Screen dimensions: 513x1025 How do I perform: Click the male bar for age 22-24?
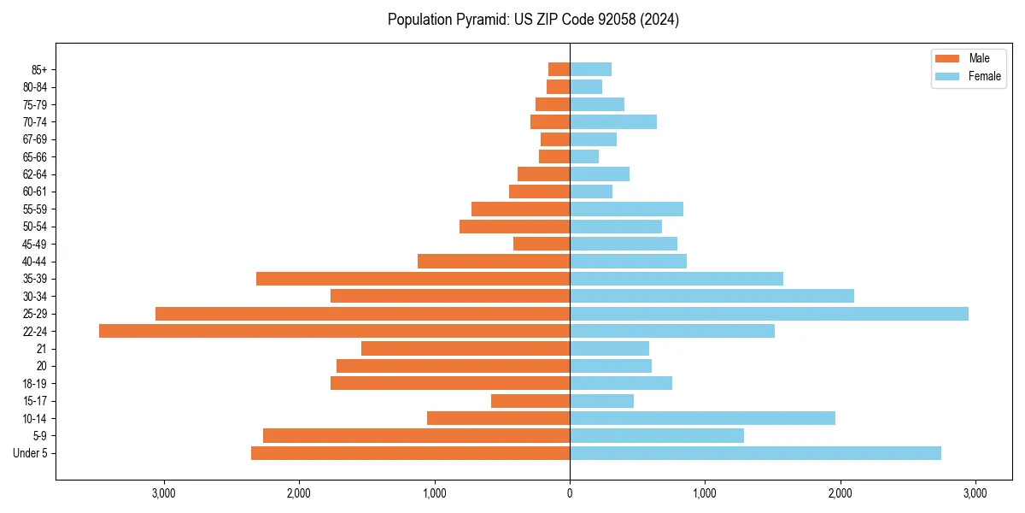[334, 331]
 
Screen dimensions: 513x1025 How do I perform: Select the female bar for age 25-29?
[769, 314]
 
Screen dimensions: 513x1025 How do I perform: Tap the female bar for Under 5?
[755, 453]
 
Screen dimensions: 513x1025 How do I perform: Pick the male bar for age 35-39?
[413, 279]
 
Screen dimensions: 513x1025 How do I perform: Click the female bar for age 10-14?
[702, 418]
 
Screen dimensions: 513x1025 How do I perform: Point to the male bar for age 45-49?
[542, 244]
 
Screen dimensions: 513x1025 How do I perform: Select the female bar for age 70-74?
[613, 122]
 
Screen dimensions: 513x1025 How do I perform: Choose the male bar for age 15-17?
[530, 401]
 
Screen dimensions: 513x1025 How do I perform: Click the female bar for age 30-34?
[712, 296]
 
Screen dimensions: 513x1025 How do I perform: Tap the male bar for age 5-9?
[416, 436]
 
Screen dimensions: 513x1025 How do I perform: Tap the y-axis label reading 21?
[41, 349]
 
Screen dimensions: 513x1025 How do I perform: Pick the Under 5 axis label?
[30, 453]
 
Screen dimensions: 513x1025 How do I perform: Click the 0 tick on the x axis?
[570, 493]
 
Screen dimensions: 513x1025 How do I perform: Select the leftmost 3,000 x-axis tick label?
[163, 493]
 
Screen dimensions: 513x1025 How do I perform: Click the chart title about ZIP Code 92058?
[533, 20]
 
